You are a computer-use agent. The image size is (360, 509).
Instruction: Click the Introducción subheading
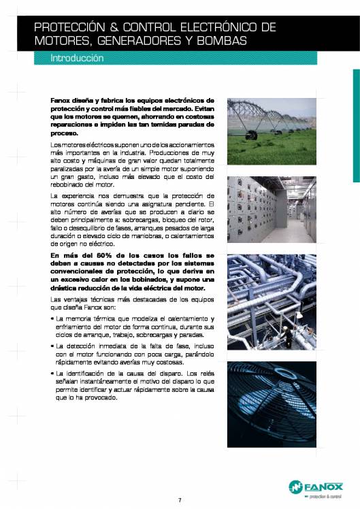click(77, 59)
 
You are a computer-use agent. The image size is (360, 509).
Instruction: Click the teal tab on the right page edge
click(356, 125)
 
